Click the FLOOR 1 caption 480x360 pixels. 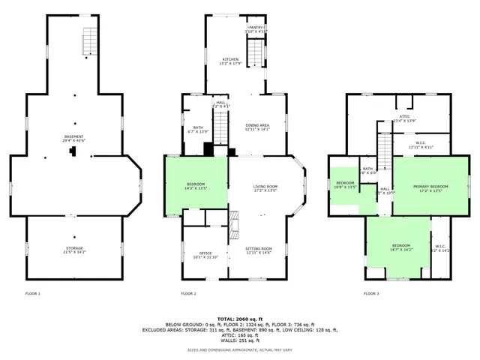(32, 293)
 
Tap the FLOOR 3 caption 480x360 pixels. (372, 293)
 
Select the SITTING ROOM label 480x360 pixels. (258, 250)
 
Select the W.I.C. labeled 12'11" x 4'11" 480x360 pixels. (421, 145)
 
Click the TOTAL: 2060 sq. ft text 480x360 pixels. (239, 319)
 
